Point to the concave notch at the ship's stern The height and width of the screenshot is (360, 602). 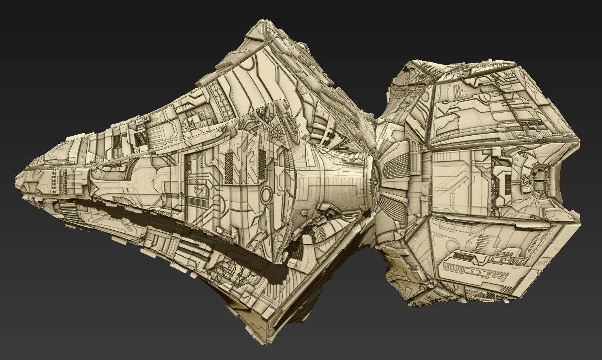coord(561,182)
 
